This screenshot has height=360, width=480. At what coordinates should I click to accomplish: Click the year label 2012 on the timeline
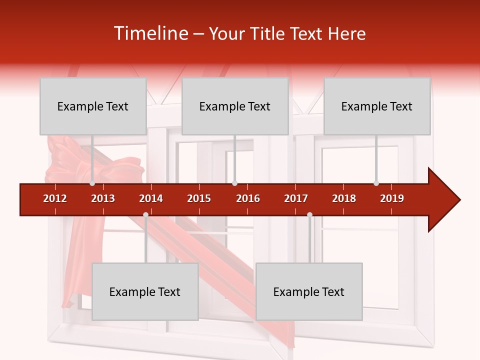(x=55, y=198)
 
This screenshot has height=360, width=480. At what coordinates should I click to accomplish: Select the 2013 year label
(x=103, y=198)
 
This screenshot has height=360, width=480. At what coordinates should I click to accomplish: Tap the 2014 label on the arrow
(x=151, y=198)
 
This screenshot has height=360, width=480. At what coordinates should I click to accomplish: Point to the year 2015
(x=199, y=198)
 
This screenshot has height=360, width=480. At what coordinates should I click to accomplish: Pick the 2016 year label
(x=248, y=198)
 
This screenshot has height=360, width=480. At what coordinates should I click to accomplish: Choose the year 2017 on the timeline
(x=296, y=198)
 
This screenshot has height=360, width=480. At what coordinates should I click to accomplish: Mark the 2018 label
(x=344, y=198)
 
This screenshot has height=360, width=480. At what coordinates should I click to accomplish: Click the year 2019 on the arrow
(x=392, y=198)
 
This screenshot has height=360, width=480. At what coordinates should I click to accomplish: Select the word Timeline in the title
(x=150, y=33)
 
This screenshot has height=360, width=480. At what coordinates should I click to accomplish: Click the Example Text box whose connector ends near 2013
(x=93, y=106)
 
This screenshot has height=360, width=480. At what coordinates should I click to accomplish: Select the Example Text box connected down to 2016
(x=235, y=106)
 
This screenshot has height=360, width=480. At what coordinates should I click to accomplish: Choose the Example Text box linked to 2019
(x=377, y=106)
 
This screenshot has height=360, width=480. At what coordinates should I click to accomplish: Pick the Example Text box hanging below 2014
(x=145, y=292)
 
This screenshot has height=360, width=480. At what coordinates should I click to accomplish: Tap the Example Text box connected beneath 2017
(x=309, y=292)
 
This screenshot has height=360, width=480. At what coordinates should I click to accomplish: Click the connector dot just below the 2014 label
(x=145, y=215)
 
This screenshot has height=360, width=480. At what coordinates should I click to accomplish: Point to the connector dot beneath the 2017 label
(x=309, y=215)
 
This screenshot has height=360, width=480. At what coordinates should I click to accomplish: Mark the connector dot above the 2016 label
(x=234, y=183)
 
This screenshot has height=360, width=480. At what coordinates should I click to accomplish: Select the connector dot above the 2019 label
(x=376, y=183)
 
